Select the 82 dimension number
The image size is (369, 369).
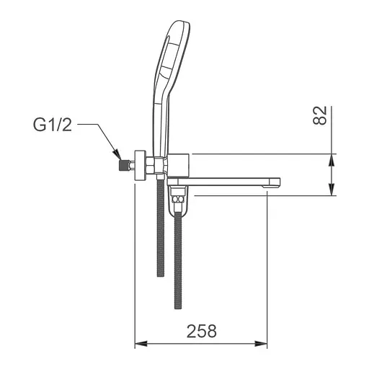(321, 115)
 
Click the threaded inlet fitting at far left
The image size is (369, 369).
(125, 164)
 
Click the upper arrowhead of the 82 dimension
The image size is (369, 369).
(332, 159)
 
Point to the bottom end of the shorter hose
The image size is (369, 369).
(161, 274)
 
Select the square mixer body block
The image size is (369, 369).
(178, 165)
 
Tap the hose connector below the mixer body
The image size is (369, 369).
(178, 200)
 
